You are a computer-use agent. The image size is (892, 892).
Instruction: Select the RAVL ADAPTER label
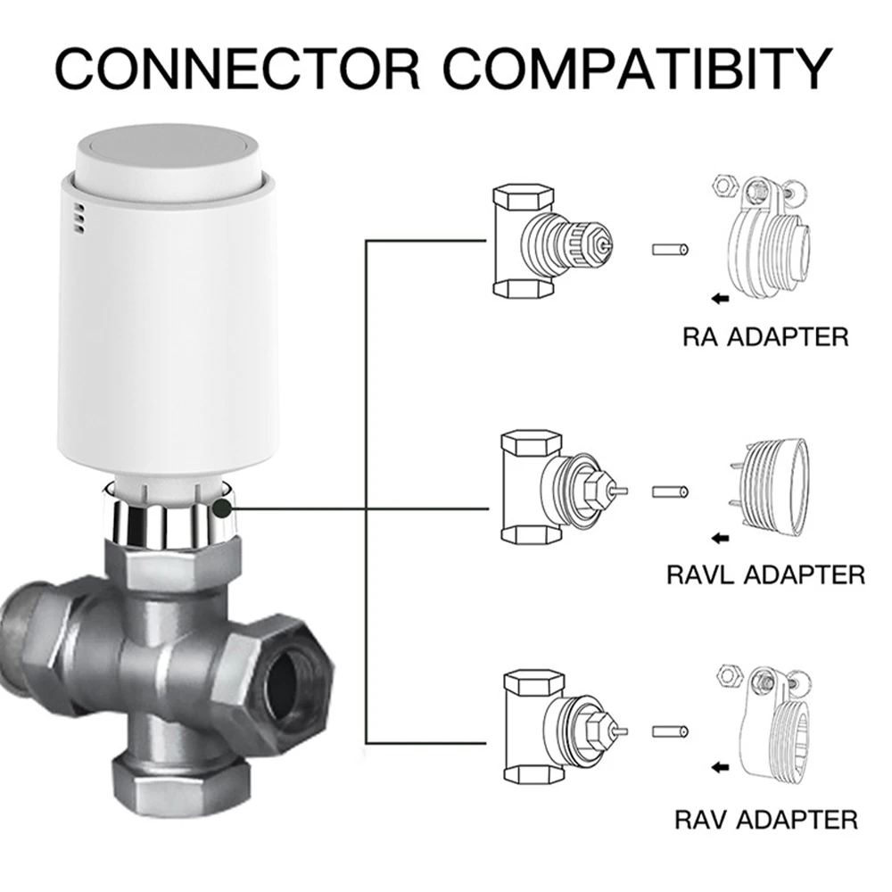(x=765, y=574)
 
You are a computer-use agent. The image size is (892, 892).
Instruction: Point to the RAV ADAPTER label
(x=766, y=818)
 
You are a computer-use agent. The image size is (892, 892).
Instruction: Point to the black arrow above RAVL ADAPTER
(x=720, y=537)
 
